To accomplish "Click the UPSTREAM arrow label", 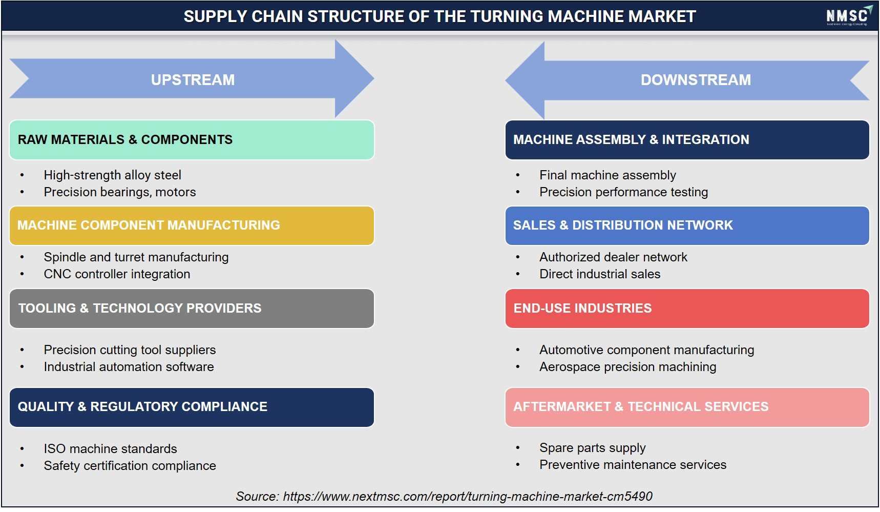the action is tap(193, 80).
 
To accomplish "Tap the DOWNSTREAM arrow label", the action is tap(696, 80).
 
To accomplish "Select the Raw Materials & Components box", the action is tap(192, 140).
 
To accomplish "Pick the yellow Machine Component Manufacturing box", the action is tap(192, 226).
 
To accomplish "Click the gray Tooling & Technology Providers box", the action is tap(192, 309).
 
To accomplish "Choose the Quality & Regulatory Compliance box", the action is tap(192, 407).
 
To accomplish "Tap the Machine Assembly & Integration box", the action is tap(687, 140).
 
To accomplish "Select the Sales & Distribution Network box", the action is tap(687, 226).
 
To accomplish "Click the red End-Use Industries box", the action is tap(687, 309).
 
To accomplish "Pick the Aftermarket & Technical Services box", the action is tap(687, 407).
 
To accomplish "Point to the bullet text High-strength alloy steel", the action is tap(112, 175).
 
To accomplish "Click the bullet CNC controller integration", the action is tap(117, 274).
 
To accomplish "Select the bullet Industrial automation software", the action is tap(129, 367).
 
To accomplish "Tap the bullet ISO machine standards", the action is tap(110, 449).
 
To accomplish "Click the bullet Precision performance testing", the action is tap(623, 192).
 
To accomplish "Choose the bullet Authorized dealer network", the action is tap(613, 257).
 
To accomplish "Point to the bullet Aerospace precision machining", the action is tap(627, 367).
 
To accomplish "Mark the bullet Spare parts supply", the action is tap(592, 448).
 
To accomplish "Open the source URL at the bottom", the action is tap(468, 497).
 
